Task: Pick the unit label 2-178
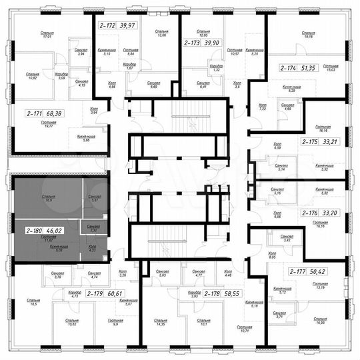pos(213,293)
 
